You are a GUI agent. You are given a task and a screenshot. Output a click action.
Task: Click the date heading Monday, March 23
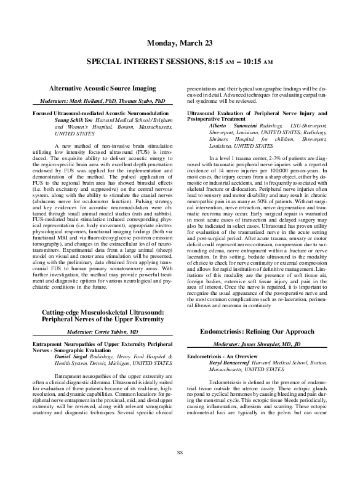pyautogui.click(x=180, y=42)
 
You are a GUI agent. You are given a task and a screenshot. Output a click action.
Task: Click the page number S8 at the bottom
pyautogui.click(x=180, y=453)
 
